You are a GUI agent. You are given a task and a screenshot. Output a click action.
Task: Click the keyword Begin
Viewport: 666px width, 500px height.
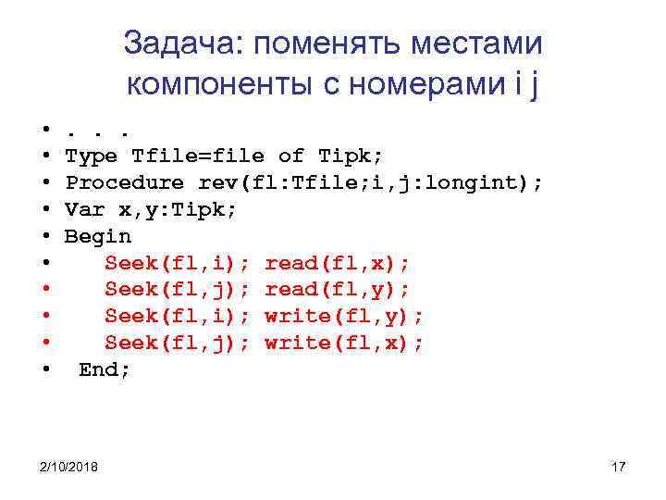click(x=98, y=236)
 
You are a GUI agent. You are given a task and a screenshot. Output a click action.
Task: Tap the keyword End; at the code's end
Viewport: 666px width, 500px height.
click(x=105, y=369)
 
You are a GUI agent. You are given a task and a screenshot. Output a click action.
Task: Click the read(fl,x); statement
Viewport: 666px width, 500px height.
click(x=338, y=263)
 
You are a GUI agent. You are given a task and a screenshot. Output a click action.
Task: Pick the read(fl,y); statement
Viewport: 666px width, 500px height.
click(x=338, y=290)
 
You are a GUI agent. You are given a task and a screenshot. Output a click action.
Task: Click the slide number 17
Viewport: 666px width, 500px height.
click(x=619, y=466)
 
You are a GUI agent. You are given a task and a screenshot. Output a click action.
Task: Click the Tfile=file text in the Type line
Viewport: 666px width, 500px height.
click(x=198, y=156)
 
